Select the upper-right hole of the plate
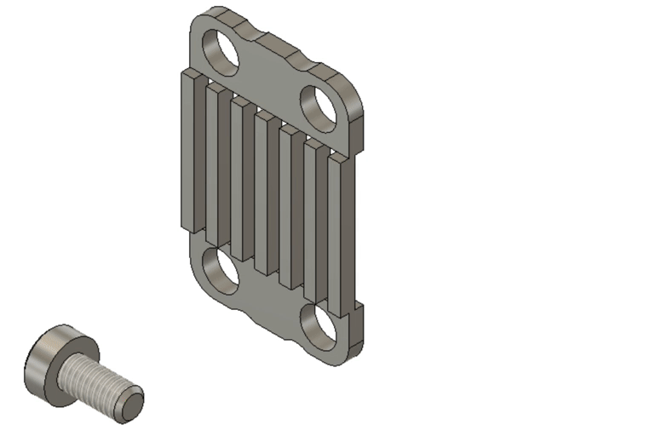point(319,106)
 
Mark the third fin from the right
point(288,209)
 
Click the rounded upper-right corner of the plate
point(353,89)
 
